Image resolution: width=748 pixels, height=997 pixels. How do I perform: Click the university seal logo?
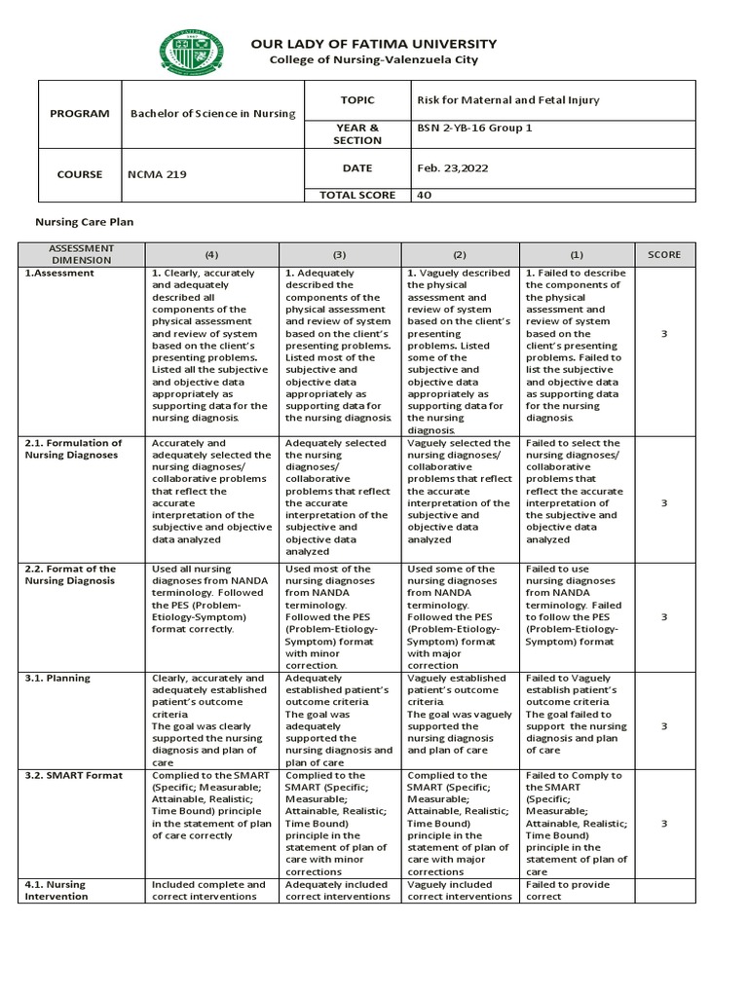coord(190,53)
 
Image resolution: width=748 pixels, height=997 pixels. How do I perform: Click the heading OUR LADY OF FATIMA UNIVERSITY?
coord(374,44)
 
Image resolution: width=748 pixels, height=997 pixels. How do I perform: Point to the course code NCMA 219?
coord(159,175)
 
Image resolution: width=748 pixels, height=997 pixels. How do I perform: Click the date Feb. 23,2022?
coord(453,167)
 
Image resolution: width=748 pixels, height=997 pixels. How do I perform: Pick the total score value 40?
coord(425,195)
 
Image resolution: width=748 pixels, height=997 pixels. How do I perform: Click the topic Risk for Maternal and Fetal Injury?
coord(508,100)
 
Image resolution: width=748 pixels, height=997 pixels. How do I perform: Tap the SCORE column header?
coord(664,255)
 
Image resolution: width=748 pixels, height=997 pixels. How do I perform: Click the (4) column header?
coord(212,255)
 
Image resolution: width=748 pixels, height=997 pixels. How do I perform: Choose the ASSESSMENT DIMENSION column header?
coord(82,255)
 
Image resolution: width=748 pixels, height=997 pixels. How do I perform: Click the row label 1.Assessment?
coord(60,274)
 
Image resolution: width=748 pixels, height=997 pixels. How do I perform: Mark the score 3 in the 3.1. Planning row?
coord(664,725)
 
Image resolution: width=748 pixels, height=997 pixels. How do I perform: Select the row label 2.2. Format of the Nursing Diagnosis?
coord(69,574)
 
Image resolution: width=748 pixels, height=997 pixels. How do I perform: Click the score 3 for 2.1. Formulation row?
coord(664,503)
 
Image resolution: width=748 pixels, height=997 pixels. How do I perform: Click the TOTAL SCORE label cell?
coord(357,195)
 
